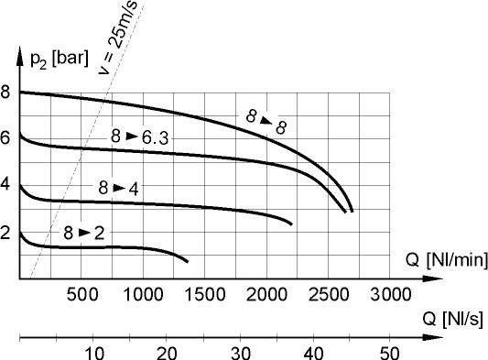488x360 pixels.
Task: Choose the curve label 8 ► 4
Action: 118,189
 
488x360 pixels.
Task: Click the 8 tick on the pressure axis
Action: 6,92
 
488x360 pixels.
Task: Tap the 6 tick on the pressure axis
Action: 6,138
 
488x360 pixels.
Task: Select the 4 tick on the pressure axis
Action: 6,185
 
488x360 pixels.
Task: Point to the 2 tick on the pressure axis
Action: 6,233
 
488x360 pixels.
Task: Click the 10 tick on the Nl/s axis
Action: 93,354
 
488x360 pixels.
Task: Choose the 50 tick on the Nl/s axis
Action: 389,354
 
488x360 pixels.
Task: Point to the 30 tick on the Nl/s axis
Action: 241,354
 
